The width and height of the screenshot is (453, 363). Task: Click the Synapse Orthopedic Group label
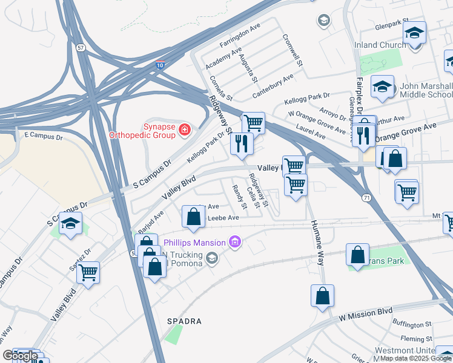[141, 130]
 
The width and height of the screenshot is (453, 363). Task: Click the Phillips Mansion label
[195, 243]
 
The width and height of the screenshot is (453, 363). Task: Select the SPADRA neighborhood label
[185, 321]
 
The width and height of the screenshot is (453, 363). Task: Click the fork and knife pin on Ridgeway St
[241, 143]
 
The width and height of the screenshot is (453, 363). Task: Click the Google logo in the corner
[20, 356]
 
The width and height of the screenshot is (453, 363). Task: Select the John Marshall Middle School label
[425, 90]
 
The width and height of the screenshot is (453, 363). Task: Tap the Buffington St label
[412, 325]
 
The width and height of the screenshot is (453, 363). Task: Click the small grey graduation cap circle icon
[323, 21]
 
